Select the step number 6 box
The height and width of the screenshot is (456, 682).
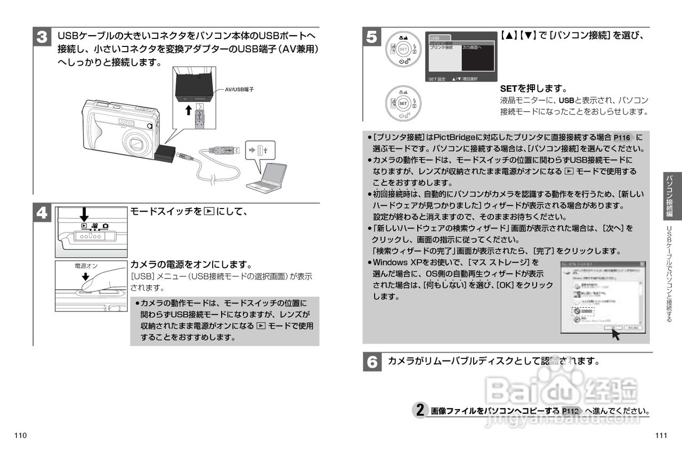tap(372, 362)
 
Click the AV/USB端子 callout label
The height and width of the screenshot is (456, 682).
tap(239, 89)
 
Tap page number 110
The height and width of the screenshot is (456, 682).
tap(21, 436)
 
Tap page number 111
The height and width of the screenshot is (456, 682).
tap(661, 436)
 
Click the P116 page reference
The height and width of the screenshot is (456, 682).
tap(622, 138)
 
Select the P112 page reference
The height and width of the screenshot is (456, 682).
tap(570, 411)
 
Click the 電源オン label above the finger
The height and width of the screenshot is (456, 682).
tap(85, 265)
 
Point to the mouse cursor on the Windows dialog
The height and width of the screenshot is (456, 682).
tap(616, 334)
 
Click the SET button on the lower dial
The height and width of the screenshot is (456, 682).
tap(403, 103)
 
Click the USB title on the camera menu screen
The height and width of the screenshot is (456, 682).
tap(435, 38)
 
